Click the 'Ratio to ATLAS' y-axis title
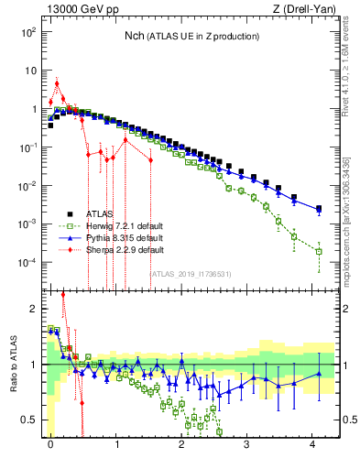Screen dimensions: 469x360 pos(14,364)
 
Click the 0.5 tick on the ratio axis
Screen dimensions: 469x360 pos(28,420)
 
